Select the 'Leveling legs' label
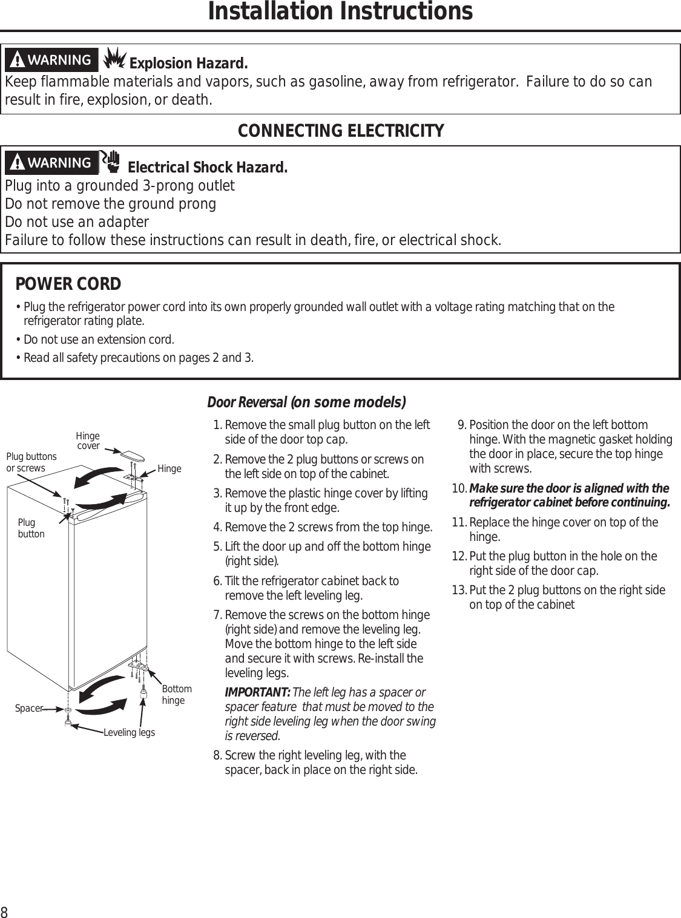pos(129,733)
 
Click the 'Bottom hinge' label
pos(177,695)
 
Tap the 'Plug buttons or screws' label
pos(31,462)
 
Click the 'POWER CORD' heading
pos(68,284)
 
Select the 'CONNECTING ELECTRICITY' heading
pos(340,131)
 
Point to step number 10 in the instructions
pos(459,489)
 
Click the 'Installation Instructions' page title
pos(340,12)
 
